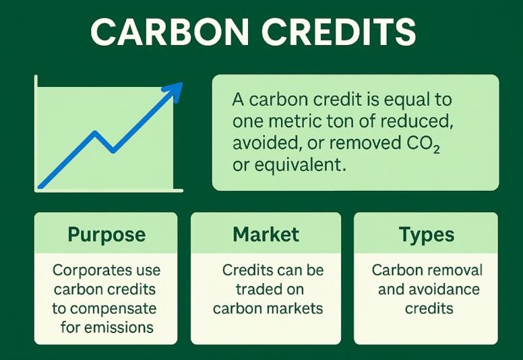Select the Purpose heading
106,235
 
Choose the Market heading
266,235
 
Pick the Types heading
426,235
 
